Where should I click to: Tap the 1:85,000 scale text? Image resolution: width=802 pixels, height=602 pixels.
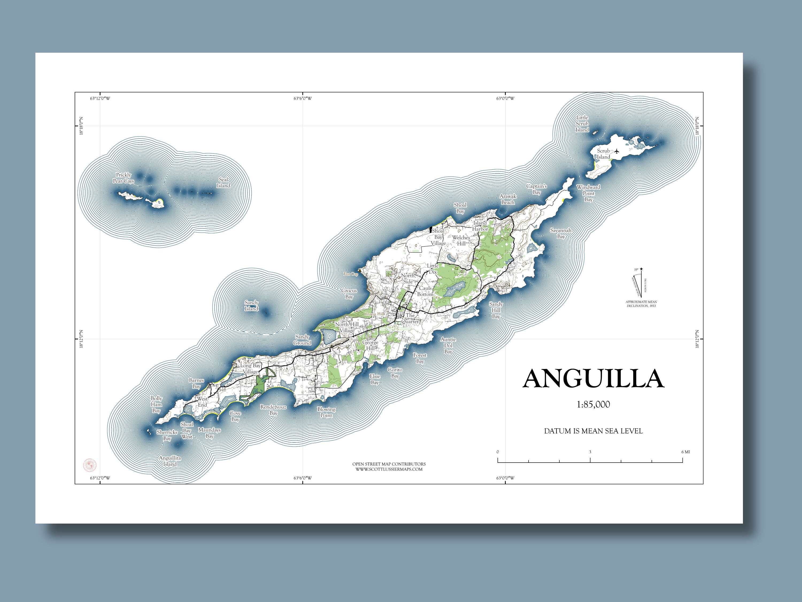click(x=593, y=405)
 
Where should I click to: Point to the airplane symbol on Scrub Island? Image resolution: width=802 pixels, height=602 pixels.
click(x=617, y=151)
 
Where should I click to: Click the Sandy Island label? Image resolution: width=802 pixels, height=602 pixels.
click(x=251, y=306)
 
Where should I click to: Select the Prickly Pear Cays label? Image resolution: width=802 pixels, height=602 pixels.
click(x=123, y=178)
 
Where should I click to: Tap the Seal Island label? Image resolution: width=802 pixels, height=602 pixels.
click(x=223, y=182)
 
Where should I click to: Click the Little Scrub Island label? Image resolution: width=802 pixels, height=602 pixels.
click(x=582, y=123)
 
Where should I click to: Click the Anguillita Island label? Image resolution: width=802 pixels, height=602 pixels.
click(x=170, y=461)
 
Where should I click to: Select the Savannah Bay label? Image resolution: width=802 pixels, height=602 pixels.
click(x=561, y=233)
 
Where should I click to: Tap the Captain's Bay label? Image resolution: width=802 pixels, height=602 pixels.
click(x=537, y=189)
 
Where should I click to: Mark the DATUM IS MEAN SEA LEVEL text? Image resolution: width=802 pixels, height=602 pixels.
click(x=593, y=431)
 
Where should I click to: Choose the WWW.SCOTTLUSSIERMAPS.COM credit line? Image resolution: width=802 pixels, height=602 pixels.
click(x=389, y=469)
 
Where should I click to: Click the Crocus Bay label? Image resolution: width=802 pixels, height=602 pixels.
click(x=349, y=294)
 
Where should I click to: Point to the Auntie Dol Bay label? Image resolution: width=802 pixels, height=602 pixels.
click(x=448, y=345)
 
